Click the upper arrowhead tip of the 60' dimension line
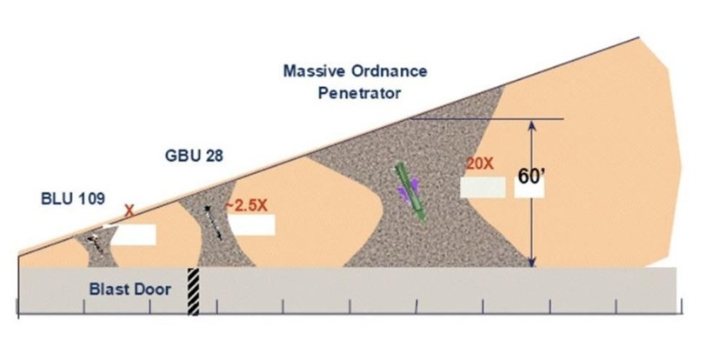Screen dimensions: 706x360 pyautogui.click(x=532, y=121)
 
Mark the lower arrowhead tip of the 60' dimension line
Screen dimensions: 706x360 pyautogui.click(x=532, y=267)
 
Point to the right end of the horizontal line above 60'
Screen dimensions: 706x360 pyautogui.click(x=563, y=119)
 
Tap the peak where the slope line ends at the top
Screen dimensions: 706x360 pyautogui.click(x=639, y=37)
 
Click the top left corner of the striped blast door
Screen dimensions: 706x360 pyautogui.click(x=188, y=268)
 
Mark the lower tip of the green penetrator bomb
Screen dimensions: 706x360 pyautogui.click(x=423, y=221)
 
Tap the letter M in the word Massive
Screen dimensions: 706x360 pyautogui.click(x=290, y=71)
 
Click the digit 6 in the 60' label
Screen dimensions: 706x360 pyautogui.click(x=523, y=177)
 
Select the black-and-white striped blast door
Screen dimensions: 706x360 pyautogui.click(x=193, y=291)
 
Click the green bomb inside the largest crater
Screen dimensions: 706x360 pyautogui.click(x=410, y=192)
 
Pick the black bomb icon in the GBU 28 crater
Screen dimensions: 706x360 pyautogui.click(x=213, y=222)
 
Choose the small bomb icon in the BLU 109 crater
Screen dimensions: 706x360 pyautogui.click(x=96, y=243)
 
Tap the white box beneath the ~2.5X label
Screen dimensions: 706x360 pyautogui.click(x=251, y=224)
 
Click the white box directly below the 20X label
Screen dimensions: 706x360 pyautogui.click(x=483, y=187)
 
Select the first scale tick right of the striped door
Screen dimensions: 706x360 pyautogui.click(x=216, y=306)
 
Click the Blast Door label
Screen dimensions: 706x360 pyautogui.click(x=130, y=289)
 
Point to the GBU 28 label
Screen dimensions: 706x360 pyautogui.click(x=194, y=156)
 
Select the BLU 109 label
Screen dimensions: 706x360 pyautogui.click(x=73, y=198)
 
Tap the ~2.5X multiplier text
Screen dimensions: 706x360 pyautogui.click(x=246, y=205)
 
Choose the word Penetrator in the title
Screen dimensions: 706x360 pyautogui.click(x=359, y=93)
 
